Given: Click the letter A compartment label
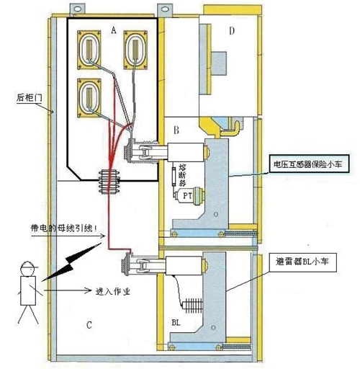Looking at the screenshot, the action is (114, 30).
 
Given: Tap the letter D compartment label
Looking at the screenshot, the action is (232, 31).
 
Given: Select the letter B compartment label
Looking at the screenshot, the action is (176, 130).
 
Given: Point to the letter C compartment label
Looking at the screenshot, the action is (89, 325).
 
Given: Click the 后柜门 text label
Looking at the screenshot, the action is (30, 98).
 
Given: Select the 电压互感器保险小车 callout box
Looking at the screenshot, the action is (309, 164).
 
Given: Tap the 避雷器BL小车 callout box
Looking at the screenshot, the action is (303, 262).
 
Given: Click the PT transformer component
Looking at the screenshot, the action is (189, 195).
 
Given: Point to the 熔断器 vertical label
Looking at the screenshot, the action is (183, 176).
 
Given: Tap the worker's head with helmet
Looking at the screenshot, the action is (28, 269).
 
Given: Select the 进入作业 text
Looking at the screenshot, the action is (113, 291).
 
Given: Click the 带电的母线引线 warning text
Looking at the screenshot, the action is (64, 228).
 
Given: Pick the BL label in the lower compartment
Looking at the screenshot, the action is (176, 323).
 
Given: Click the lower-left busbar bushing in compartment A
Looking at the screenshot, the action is (89, 98).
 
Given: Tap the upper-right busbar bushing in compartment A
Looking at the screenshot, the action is (135, 50).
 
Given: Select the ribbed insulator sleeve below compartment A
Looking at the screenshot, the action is (109, 182).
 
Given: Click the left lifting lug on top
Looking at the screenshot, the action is (77, 9).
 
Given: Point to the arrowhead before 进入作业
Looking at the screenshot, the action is (87, 290).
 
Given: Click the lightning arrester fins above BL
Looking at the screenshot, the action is (192, 306).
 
